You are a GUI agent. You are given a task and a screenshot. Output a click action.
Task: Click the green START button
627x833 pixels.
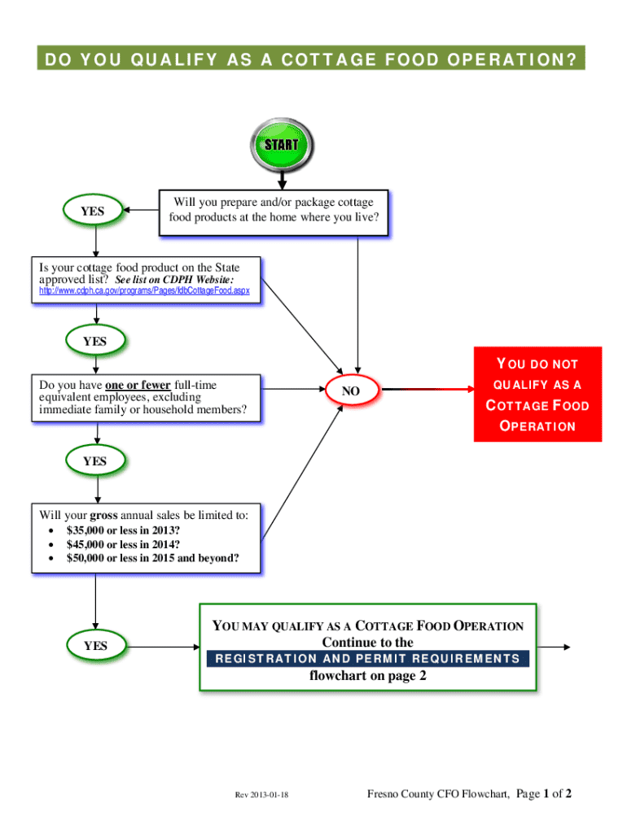point(279,146)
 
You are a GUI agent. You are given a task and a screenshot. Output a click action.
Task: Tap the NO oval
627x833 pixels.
point(350,391)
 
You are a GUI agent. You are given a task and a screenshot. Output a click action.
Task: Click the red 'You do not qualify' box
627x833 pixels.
point(537,395)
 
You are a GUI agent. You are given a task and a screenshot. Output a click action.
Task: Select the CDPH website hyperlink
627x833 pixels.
point(144,290)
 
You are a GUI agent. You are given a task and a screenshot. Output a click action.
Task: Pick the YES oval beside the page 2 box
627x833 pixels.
point(95,645)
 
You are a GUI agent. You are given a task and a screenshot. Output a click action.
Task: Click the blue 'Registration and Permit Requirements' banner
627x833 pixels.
point(367,658)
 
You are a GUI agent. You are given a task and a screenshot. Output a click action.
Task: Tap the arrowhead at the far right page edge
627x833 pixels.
point(565,648)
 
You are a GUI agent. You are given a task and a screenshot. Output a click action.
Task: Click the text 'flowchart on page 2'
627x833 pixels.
point(367,676)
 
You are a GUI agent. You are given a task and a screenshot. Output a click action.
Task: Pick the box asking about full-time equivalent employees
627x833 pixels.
point(147,397)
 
